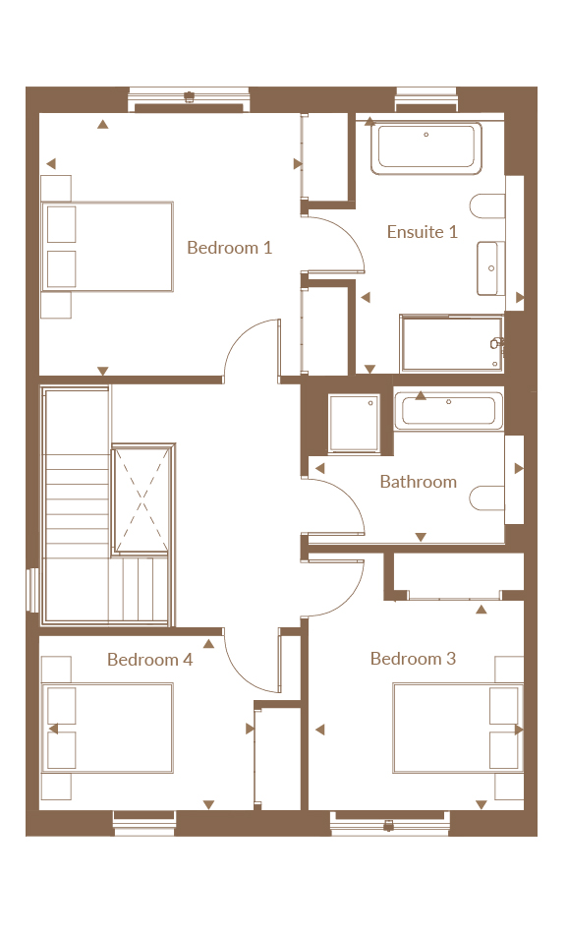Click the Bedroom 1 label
230,247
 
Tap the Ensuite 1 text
423,232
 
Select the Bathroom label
419,482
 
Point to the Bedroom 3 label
413,659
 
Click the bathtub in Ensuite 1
426,148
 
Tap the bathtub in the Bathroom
449,411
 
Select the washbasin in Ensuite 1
490,268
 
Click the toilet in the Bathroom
487,498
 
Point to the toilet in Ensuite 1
487,206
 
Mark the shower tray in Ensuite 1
452,344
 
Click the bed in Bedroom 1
107,247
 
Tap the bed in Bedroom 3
458,729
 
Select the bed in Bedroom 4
107,729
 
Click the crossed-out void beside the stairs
142,499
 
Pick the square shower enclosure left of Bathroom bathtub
354,423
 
